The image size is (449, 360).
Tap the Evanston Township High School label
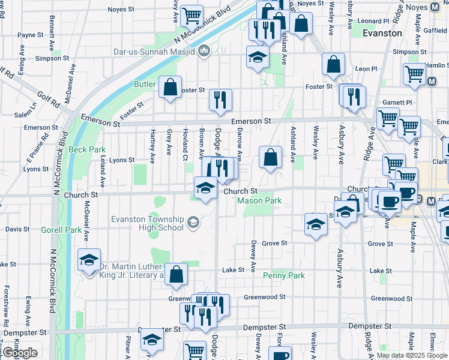pyautogui.click(x=147, y=223)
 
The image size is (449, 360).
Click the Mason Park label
pyautogui.click(x=259, y=200)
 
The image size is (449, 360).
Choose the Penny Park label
pyautogui.click(x=284, y=275)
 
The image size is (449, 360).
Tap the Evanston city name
pyautogui.click(x=382, y=33)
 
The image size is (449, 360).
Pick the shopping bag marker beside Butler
pyautogui.click(x=170, y=88)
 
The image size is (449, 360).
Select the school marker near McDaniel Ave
pyautogui.click(x=89, y=260)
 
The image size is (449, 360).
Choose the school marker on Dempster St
pyautogui.click(x=152, y=340)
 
